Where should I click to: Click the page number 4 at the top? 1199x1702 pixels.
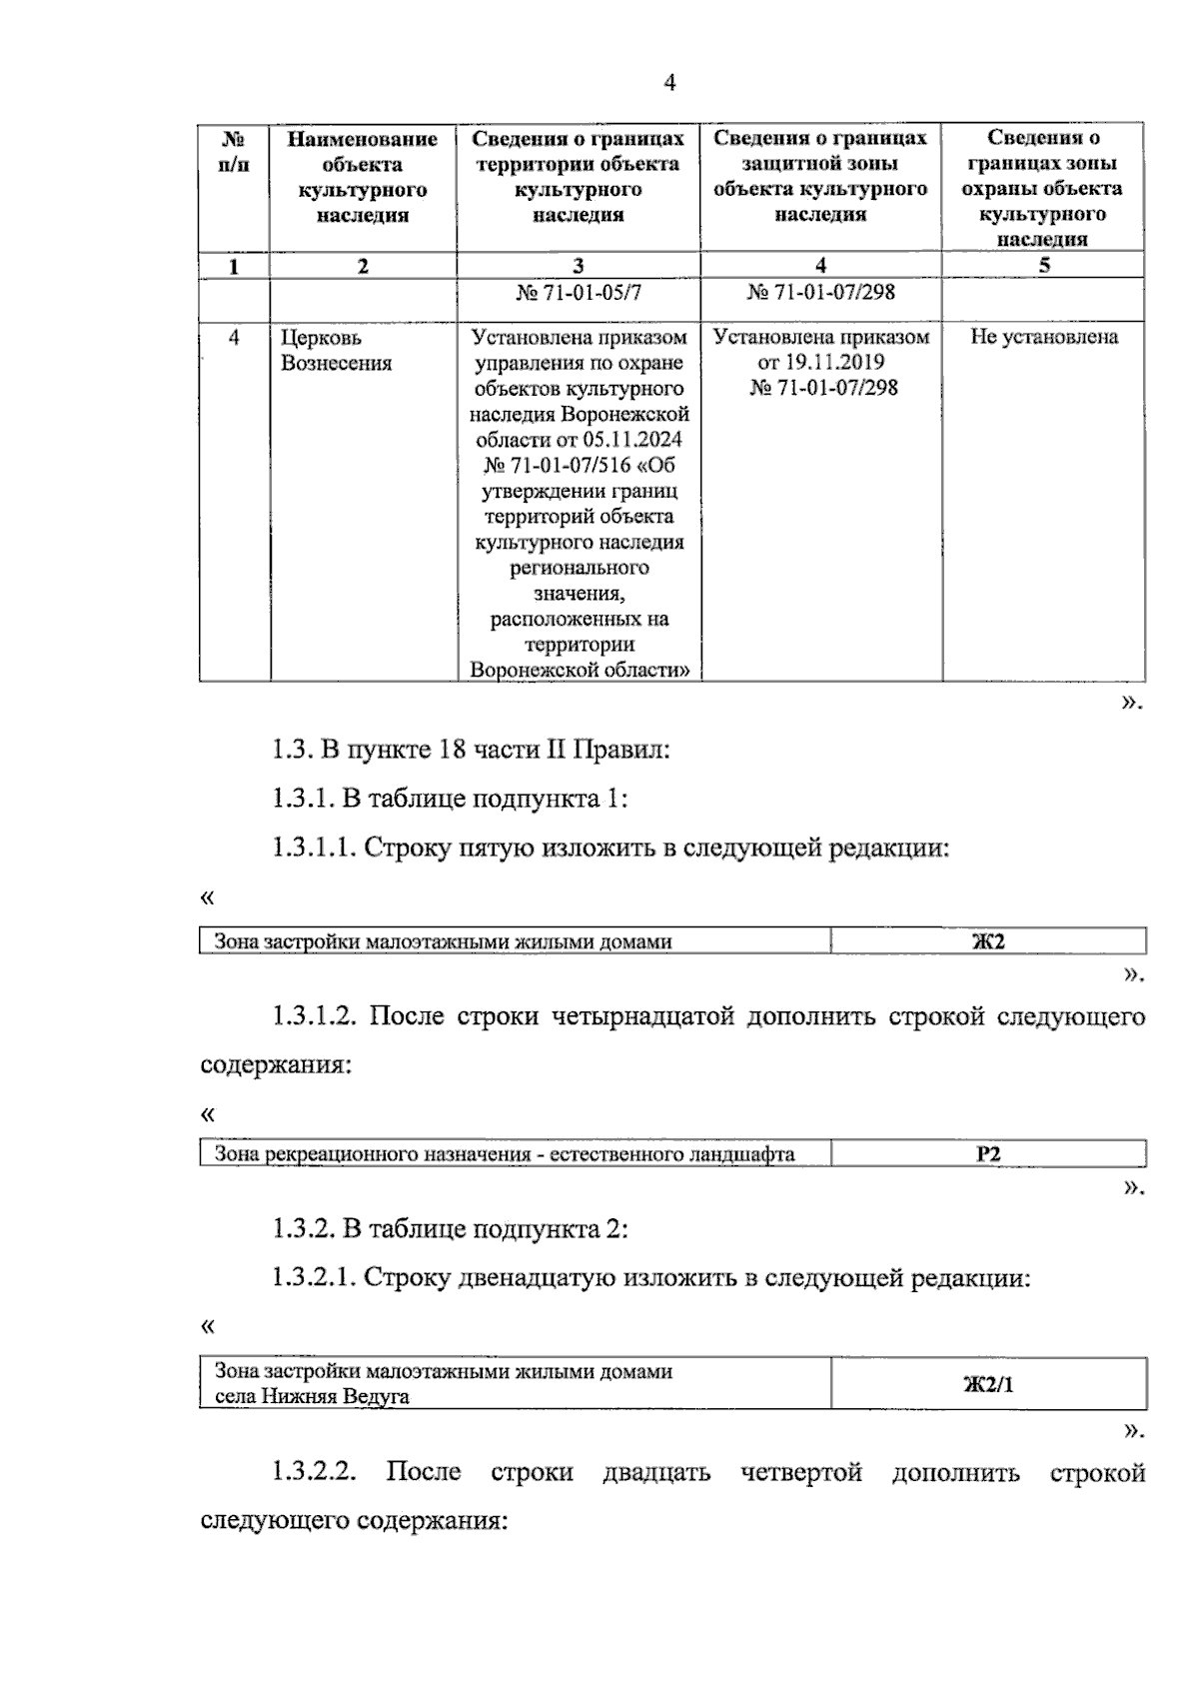(x=669, y=84)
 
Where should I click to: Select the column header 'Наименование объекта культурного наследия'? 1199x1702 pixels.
(x=363, y=177)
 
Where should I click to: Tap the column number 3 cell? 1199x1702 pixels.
(x=579, y=266)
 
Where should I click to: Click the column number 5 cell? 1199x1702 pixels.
(x=1043, y=265)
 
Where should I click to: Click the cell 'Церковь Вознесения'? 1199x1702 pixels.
(x=336, y=350)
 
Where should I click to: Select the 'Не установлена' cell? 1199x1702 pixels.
(x=1044, y=337)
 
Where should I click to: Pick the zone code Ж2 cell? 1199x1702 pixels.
(x=988, y=941)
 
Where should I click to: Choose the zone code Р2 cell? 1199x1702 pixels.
(x=988, y=1154)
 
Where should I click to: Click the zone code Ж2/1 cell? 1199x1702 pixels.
(x=988, y=1384)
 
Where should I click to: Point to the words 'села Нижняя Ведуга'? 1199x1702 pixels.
(x=312, y=1396)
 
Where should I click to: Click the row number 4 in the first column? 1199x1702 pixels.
(x=234, y=338)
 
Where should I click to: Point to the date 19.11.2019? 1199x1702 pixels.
(x=821, y=362)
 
